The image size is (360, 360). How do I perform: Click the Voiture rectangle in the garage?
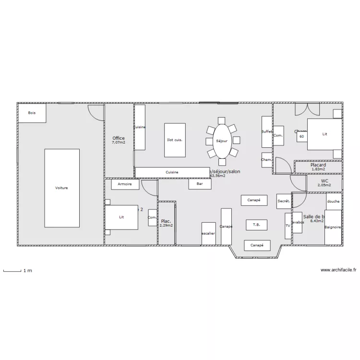[61, 188]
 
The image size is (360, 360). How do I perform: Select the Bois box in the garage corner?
[32, 113]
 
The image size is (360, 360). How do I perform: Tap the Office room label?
[119, 139]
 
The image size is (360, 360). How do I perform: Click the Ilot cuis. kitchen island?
[175, 140]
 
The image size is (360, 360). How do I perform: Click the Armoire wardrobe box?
[125, 184]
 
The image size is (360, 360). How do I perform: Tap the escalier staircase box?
[208, 234]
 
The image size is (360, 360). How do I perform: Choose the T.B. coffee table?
[256, 225]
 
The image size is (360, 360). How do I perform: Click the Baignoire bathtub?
[333, 227]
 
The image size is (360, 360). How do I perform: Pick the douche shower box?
[333, 202]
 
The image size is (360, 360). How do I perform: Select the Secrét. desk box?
[283, 202]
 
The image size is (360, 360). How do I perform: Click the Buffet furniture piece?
[267, 132]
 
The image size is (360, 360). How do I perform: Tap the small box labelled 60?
[301, 137]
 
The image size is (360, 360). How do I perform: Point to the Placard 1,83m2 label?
[318, 167]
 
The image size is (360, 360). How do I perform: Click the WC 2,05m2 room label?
[324, 183]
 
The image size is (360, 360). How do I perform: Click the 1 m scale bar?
[12, 271]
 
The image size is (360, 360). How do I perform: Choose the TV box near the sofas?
[288, 226]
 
